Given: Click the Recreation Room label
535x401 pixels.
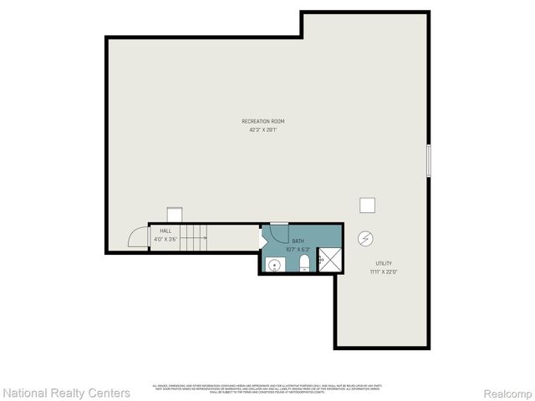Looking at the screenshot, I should coord(263,121).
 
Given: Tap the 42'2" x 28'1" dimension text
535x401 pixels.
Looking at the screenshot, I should coord(263,129).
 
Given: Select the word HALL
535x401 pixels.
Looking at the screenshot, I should coord(166,231).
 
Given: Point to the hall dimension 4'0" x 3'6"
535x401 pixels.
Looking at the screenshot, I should coord(166,239).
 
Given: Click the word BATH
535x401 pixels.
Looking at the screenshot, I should coord(298,241).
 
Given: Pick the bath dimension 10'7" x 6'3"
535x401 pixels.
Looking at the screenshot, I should coord(298,249).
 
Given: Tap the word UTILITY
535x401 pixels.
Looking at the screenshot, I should coord(384,263).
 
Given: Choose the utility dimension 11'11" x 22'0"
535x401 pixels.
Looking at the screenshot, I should coord(384,272).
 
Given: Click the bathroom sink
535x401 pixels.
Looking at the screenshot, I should coord(273,265).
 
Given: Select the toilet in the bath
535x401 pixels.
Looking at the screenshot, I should coord(304,264).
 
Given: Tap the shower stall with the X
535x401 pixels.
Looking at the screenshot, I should coord(330,260).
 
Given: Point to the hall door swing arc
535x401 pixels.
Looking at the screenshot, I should coord(137,238).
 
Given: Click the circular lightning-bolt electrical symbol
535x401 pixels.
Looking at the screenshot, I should coord(365,238).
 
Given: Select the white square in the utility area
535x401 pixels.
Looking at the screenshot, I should coord(367,205).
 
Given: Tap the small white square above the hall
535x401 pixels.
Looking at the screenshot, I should coord(175,215).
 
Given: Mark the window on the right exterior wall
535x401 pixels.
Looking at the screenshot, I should coord(428,160).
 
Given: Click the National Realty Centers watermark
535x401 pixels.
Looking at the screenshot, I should coord(67,393).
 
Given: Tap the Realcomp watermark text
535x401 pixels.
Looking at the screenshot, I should coord(507,393).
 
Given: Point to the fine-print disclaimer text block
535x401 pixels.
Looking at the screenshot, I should coord(266,388).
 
